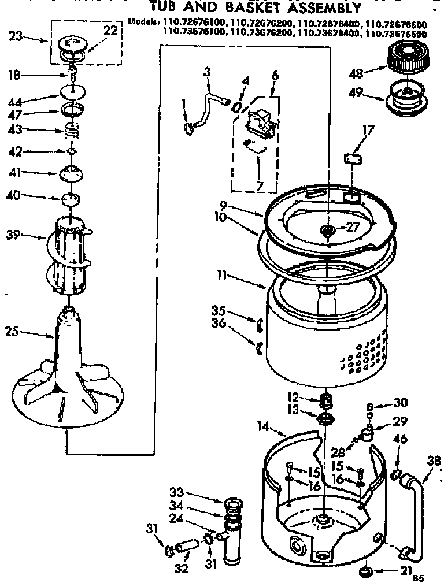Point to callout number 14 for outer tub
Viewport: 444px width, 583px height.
pyautogui.click(x=264, y=428)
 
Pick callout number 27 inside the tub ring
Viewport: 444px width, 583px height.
pyautogui.click(x=353, y=227)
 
